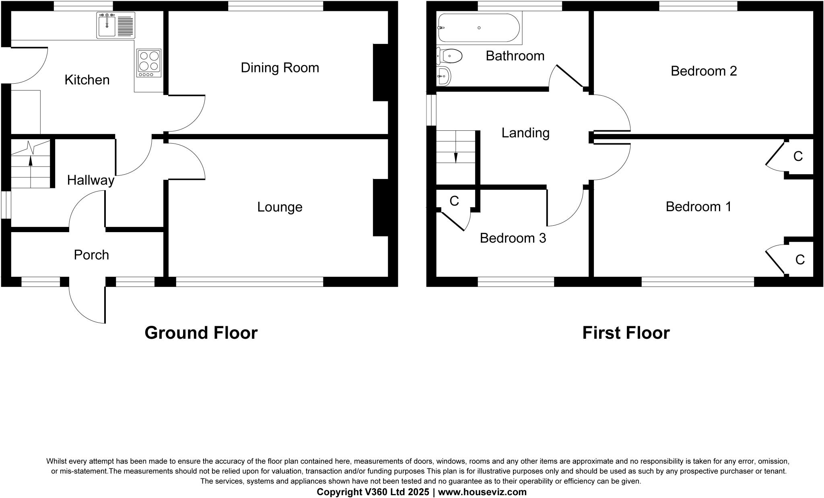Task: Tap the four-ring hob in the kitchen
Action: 149,63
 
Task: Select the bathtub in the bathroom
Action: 478,28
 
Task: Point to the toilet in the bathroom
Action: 450,56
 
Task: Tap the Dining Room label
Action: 280,68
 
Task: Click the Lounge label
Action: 280,207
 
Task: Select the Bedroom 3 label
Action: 513,238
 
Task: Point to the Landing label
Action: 525,133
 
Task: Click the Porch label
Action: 91,255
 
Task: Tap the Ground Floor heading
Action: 201,333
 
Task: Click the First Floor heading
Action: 626,333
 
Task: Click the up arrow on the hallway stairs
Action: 31,160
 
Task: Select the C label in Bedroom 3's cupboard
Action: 454,201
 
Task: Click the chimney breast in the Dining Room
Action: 380,72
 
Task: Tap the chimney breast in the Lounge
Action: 380,207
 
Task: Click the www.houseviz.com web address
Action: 482,492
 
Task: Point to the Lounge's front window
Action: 249,282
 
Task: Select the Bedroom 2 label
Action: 704,71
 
